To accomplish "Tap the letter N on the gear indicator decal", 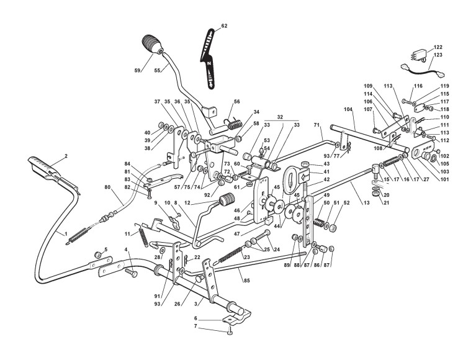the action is tap(209, 63).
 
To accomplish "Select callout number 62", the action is tap(224, 26).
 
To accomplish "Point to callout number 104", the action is tap(348, 109).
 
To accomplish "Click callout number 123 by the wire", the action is tap(438, 55).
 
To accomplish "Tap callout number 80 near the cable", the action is tap(107, 187).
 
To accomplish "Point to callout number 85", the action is tap(246, 281).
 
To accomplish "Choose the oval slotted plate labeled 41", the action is tap(291, 177).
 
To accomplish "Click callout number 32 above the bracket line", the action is tap(280, 117).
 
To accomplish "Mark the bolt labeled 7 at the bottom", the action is tap(231, 333).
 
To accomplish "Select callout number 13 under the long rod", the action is tap(366, 202).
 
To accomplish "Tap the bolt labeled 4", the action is tap(132, 274).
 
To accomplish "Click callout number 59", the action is tap(137, 71).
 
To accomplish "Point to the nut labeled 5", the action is tap(97, 254).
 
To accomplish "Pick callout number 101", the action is tap(444, 179).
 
